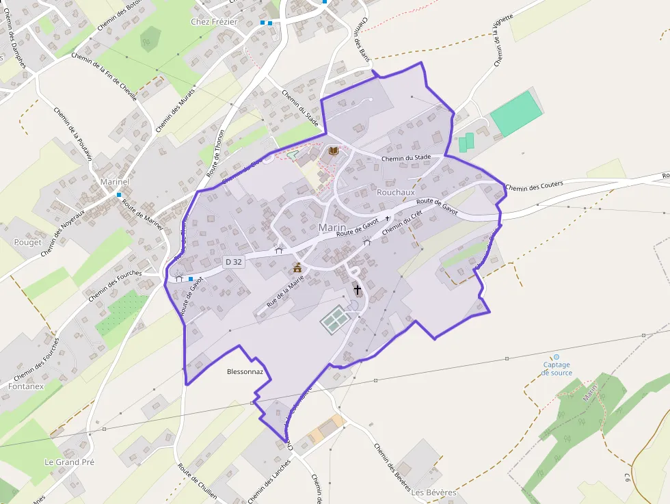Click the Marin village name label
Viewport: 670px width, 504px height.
point(333,228)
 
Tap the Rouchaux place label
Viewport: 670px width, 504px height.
point(396,193)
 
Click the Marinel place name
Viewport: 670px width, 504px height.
point(114,183)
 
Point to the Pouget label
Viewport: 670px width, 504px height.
point(28,242)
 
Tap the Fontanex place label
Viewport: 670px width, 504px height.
point(26,386)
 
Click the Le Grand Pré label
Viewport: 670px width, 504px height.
point(69,462)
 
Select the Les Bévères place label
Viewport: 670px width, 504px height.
point(433,492)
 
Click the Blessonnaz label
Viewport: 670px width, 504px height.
point(245,373)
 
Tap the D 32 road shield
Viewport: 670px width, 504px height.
point(233,261)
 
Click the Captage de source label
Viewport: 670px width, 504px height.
point(557,369)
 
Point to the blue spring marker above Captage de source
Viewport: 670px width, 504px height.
point(557,357)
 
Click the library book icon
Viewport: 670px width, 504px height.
point(334,151)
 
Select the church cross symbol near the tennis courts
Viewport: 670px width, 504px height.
point(357,290)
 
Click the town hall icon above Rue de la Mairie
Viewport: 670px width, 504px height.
point(297,267)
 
